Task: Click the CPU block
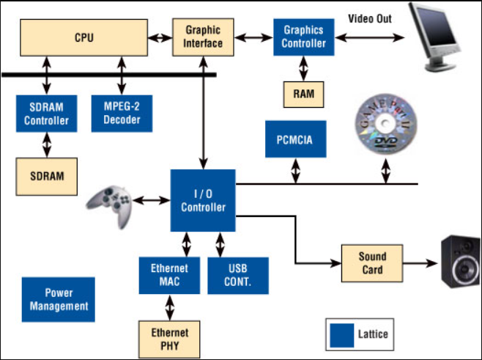click(x=85, y=37)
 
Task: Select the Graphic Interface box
click(x=203, y=37)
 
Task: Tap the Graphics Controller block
click(x=304, y=37)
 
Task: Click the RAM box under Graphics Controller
click(x=304, y=93)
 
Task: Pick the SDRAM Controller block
click(x=46, y=113)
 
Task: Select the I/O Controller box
click(x=204, y=200)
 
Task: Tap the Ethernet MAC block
click(x=169, y=274)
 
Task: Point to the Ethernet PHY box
click(x=169, y=338)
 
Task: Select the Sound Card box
click(x=372, y=264)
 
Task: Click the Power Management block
click(x=59, y=299)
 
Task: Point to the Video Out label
click(x=369, y=18)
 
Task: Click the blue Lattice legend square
click(x=341, y=334)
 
